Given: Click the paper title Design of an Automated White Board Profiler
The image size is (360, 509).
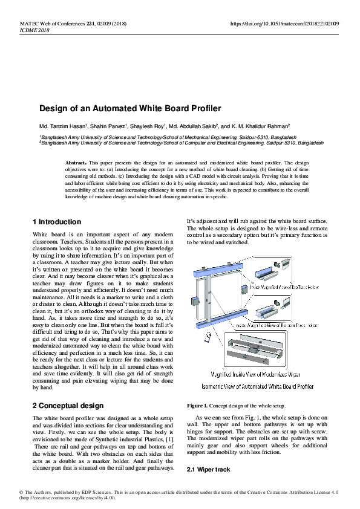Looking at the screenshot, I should [130, 109].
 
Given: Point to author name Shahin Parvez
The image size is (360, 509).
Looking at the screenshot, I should [109, 127].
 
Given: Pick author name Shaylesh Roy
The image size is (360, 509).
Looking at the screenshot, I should [149, 127].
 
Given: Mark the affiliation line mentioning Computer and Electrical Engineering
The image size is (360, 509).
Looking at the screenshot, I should [182, 143].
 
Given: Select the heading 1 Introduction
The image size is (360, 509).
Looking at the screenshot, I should [57, 222].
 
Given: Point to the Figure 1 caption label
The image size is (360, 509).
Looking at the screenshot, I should [198, 405].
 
